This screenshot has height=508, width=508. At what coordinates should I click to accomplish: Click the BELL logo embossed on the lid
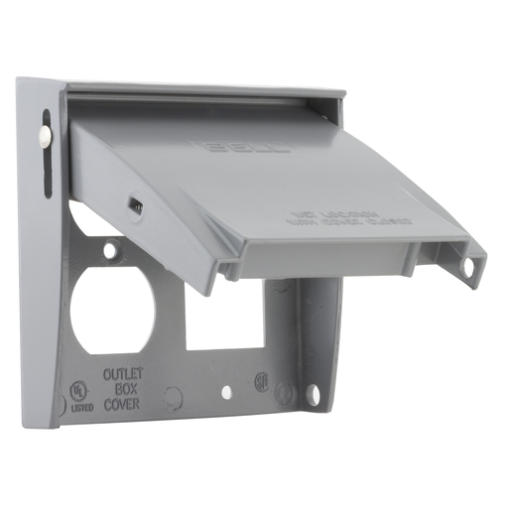point(248,149)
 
